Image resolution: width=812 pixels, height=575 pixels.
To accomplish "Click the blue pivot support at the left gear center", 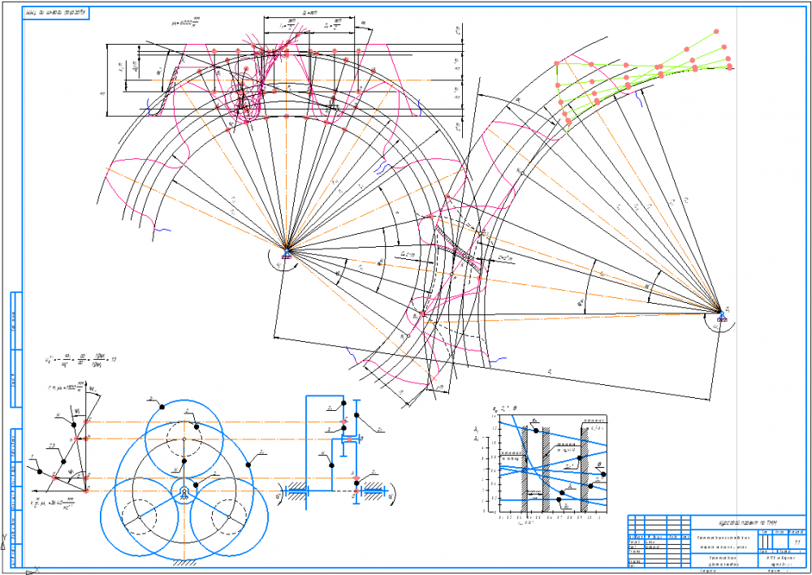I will point(283,253).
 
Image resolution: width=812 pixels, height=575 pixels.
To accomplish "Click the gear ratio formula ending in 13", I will point(81,358).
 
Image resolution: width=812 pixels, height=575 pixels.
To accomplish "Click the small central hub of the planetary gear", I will point(185,491).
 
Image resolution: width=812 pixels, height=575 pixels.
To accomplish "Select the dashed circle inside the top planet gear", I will point(185,430).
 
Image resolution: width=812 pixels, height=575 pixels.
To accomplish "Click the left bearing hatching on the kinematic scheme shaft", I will point(298,491).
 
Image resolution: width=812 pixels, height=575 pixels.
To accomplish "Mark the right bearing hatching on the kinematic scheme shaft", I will point(373,491).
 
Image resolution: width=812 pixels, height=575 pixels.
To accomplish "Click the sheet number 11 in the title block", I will point(797,540).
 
